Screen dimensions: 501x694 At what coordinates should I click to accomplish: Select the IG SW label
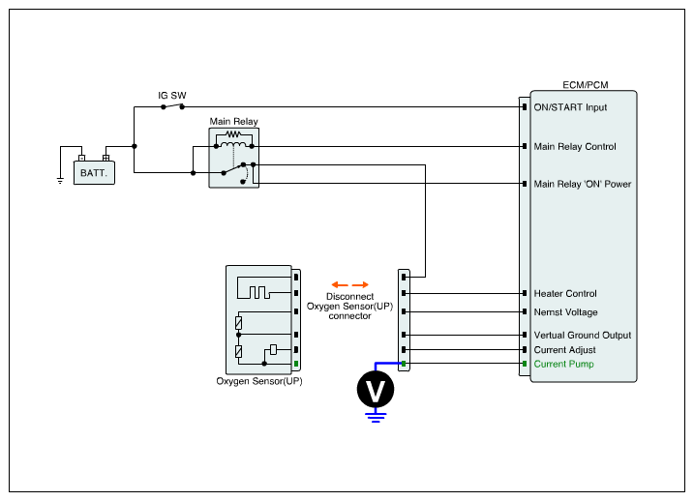tap(172, 96)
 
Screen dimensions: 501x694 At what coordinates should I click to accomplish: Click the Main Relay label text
tap(233, 122)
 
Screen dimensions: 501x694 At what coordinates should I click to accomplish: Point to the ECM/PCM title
tap(585, 85)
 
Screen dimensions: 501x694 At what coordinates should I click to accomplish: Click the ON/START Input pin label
tap(570, 107)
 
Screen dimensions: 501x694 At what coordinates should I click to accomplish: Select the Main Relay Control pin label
tap(575, 147)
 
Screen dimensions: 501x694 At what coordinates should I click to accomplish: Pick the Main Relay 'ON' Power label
tap(583, 184)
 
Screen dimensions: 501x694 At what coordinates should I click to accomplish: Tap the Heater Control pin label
tap(565, 293)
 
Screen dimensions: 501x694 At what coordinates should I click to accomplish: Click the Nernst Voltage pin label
tap(565, 312)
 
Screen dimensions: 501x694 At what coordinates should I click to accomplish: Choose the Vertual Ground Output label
tap(582, 336)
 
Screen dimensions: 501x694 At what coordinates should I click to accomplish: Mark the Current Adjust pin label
tap(564, 349)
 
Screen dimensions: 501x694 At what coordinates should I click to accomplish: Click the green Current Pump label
tap(563, 364)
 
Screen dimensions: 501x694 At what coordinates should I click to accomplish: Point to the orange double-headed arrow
tap(349, 285)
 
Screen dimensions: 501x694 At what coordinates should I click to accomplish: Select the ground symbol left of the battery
tap(60, 180)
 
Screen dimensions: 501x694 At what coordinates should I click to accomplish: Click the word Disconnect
tap(349, 297)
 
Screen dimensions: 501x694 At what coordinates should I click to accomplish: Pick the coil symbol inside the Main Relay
tap(233, 145)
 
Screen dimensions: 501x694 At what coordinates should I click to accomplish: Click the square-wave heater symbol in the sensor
tap(260, 292)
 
